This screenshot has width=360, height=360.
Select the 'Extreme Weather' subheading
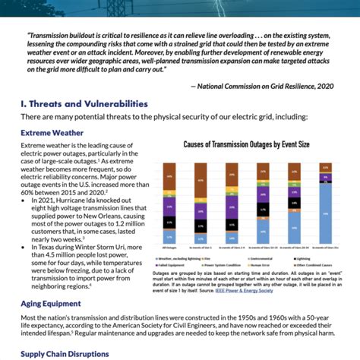point(51,131)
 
